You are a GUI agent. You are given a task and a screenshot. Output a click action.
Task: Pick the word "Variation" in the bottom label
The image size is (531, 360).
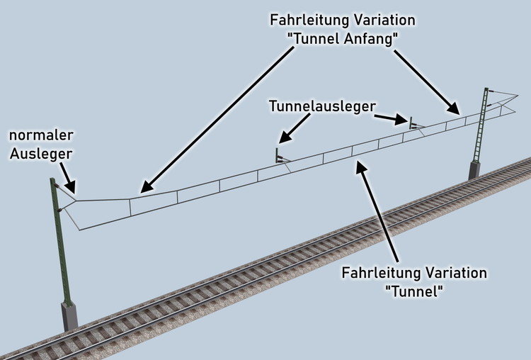point(454,273)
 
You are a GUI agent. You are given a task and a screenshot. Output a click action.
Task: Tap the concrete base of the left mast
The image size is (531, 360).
point(70,315)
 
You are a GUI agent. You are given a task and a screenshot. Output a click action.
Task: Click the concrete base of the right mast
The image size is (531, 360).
point(472,170)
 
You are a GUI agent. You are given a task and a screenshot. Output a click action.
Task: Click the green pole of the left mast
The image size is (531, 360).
point(59,241)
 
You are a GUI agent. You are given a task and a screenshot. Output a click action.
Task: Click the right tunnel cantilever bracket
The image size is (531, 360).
point(410,123)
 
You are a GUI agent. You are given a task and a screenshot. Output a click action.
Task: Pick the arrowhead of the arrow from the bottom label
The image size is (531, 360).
point(362,166)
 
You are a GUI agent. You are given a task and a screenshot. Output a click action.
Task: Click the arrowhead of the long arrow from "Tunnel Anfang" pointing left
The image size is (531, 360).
point(142,189)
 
